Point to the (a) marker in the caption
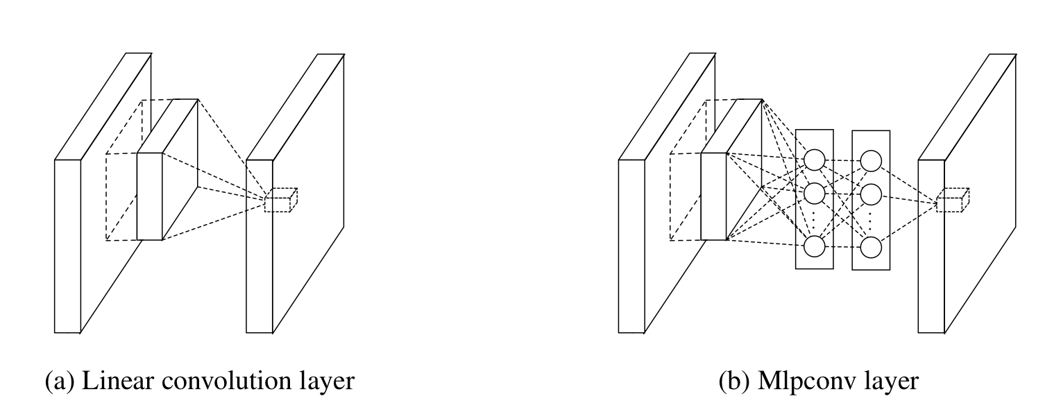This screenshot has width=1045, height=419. pyautogui.click(x=58, y=381)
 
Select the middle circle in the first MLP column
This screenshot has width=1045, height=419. pyautogui.click(x=815, y=193)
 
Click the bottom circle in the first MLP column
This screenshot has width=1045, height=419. pyautogui.click(x=815, y=246)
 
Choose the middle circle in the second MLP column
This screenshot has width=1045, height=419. pyautogui.click(x=871, y=193)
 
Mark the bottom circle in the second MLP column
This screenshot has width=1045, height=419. pyautogui.click(x=871, y=246)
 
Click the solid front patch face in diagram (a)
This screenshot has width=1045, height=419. pyautogui.click(x=149, y=196)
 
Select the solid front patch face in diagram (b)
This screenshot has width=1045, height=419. pyautogui.click(x=713, y=196)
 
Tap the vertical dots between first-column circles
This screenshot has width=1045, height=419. pyautogui.click(x=815, y=219)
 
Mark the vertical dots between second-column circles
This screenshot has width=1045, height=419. pyautogui.click(x=871, y=219)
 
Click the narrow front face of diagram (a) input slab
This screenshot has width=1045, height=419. pyautogui.click(x=67, y=246)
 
